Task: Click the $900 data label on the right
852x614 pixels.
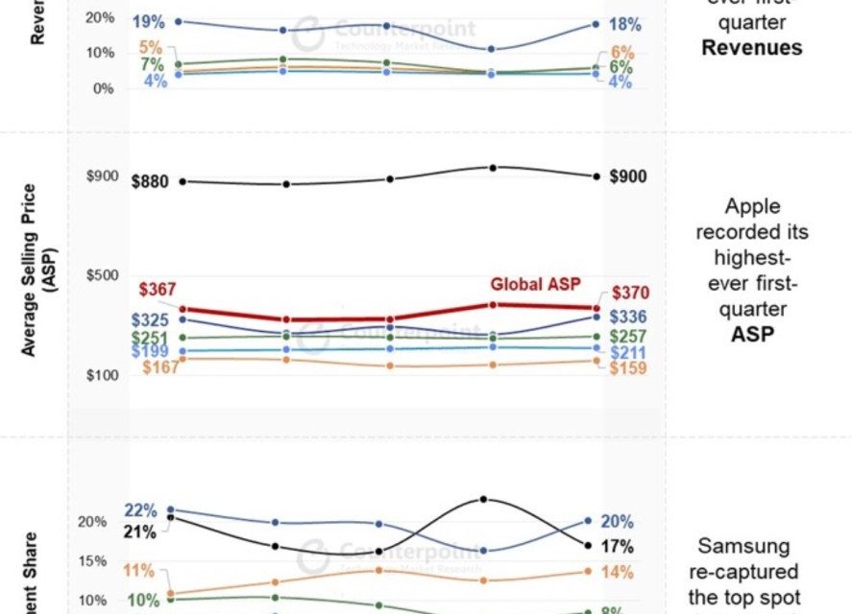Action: pyautogui.click(x=627, y=177)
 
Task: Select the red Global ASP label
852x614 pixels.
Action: pyautogui.click(x=536, y=285)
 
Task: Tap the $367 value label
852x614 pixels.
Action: pyautogui.click(x=158, y=291)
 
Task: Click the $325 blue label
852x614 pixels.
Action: pyautogui.click(x=149, y=320)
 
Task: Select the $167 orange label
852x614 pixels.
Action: pyautogui.click(x=159, y=367)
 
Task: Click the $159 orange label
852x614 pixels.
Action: pyautogui.click(x=627, y=367)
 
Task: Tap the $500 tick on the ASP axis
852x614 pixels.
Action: pyautogui.click(x=102, y=276)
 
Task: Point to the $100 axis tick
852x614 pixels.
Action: pyautogui.click(x=102, y=375)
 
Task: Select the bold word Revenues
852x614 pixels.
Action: pyautogui.click(x=752, y=48)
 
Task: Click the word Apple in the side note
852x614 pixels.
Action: pyautogui.click(x=752, y=207)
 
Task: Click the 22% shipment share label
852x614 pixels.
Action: pyautogui.click(x=140, y=510)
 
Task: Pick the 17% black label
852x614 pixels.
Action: pyautogui.click(x=617, y=547)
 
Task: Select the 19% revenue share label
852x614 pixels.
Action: pyautogui.click(x=150, y=20)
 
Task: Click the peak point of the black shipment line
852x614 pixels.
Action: pyautogui.click(x=483, y=500)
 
